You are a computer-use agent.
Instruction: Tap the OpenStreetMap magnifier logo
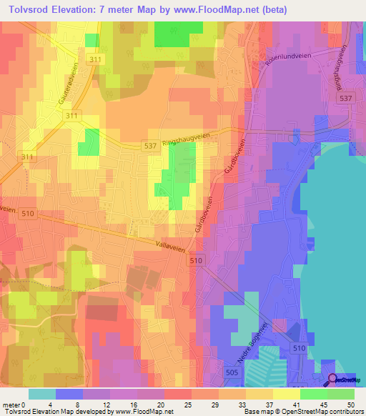(x=334, y=380)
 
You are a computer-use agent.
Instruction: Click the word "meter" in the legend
(x=11, y=404)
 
